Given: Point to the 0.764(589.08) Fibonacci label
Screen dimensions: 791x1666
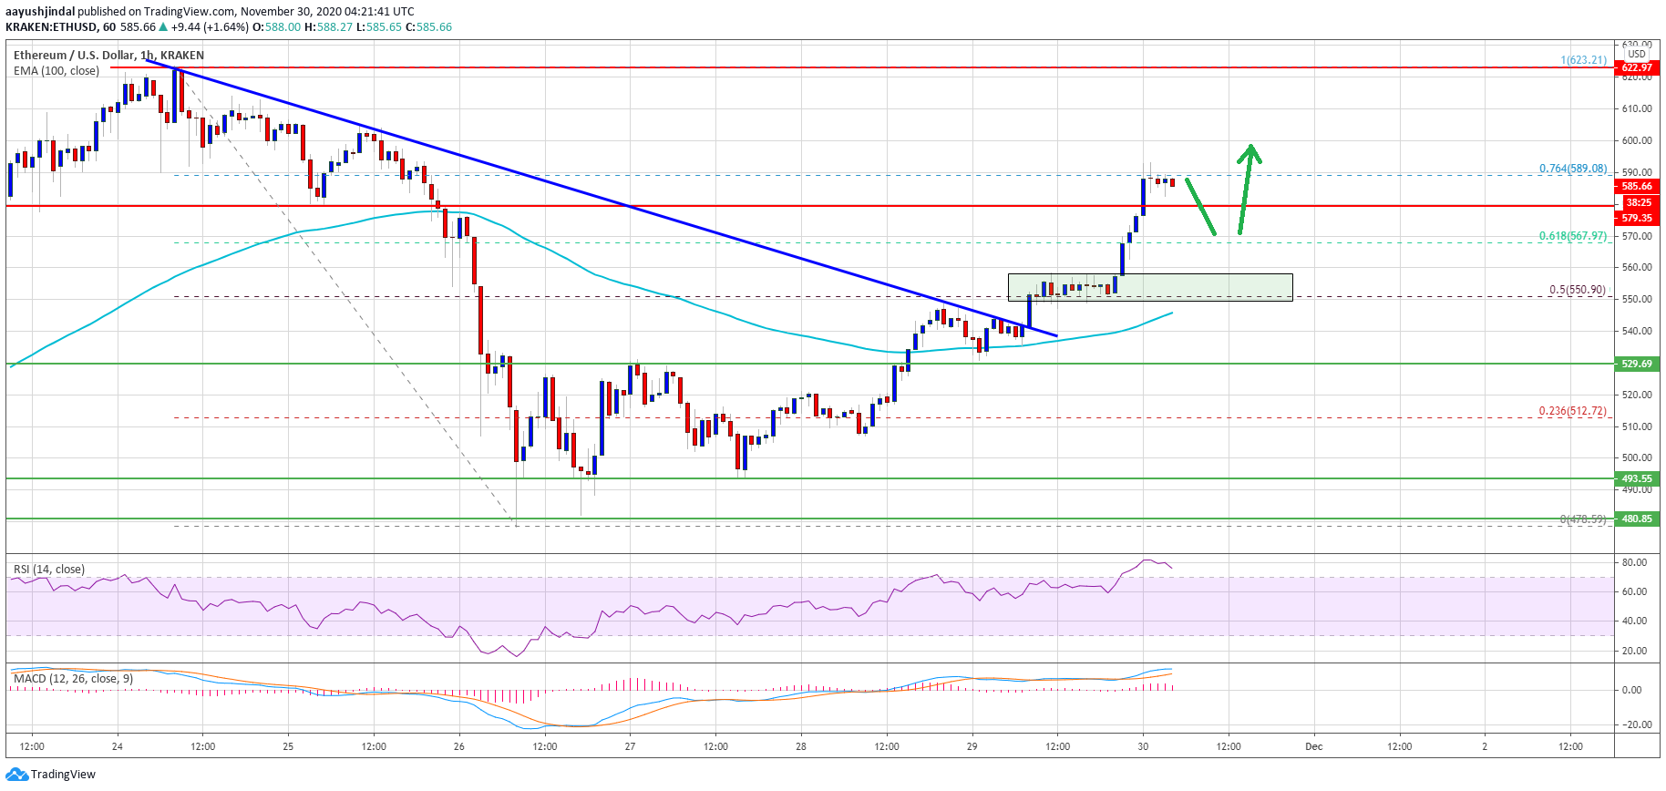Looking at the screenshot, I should (x=1572, y=169).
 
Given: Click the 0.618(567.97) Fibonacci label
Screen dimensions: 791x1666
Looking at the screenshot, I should (x=1572, y=236).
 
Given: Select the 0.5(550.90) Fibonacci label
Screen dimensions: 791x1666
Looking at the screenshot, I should (x=1577, y=290).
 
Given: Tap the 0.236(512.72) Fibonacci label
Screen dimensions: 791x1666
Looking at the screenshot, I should (x=1572, y=411).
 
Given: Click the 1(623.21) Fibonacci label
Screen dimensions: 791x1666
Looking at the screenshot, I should (x=1583, y=60).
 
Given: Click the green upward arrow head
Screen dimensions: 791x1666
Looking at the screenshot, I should (x=1251, y=151).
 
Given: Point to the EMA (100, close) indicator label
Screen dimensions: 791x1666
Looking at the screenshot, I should (x=57, y=71).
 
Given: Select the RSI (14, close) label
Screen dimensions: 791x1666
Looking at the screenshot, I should (x=49, y=570).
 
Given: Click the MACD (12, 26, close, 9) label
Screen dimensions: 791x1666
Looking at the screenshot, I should (x=73, y=679).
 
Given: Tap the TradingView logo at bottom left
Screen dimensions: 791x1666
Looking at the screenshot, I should (x=51, y=775).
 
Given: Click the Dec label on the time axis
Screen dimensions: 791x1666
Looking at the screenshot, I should (x=1313, y=746).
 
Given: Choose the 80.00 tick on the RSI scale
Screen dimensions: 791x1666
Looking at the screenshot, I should (x=1634, y=562).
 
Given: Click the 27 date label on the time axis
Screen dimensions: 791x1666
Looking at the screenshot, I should (x=630, y=746).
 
